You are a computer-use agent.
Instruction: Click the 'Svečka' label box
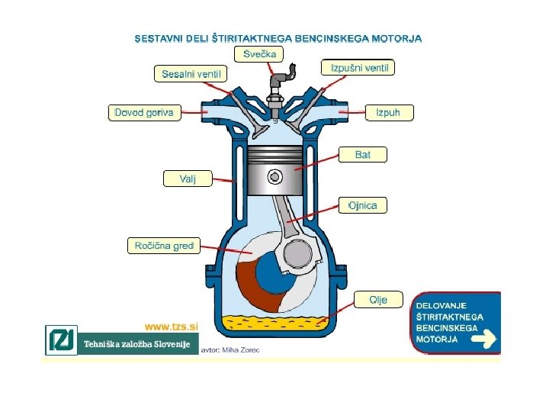[x=260, y=53]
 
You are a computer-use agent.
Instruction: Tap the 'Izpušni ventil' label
[x=359, y=68]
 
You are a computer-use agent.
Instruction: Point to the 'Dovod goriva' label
[x=143, y=112]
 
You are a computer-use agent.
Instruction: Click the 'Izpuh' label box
[x=393, y=112]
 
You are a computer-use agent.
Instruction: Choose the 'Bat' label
[x=363, y=155]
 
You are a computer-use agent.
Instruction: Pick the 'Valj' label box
[x=187, y=179]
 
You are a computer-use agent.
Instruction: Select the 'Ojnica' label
[x=362, y=205]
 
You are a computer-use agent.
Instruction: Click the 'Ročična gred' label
[x=165, y=246]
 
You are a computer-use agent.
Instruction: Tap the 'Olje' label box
[x=378, y=300]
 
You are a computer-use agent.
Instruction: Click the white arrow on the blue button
[x=483, y=339]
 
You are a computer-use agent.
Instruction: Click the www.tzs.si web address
[x=171, y=326]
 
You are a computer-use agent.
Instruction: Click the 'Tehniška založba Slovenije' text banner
[x=136, y=344]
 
